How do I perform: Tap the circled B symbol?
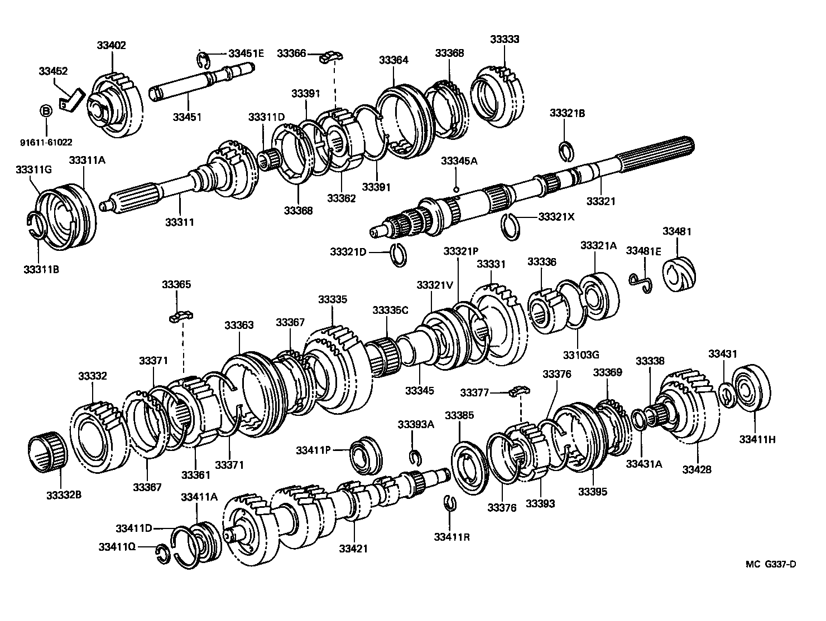click(x=46, y=111)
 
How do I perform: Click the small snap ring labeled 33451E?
click(x=204, y=59)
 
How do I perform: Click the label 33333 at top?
click(x=505, y=39)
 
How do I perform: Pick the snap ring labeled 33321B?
click(x=566, y=150)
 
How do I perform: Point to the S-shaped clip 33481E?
click(x=640, y=282)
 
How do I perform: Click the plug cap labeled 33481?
click(x=679, y=274)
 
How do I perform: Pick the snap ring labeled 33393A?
click(x=414, y=457)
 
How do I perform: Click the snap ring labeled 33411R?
click(x=452, y=502)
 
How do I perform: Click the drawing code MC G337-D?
click(x=771, y=564)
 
